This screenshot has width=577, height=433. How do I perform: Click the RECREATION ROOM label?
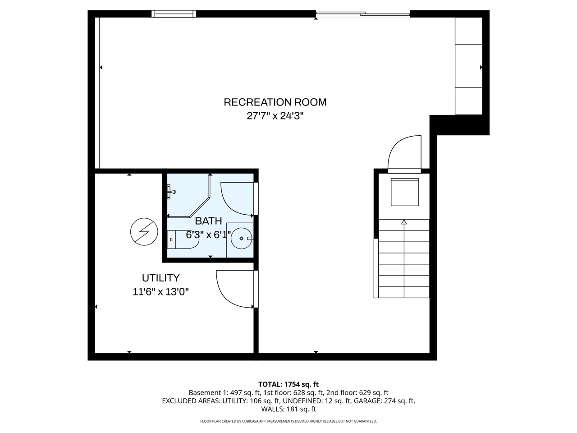click(275, 102)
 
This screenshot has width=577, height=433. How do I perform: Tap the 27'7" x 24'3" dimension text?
click(275, 116)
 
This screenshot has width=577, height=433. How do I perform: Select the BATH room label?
click(208, 221)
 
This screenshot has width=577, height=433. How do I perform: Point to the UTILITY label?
click(160, 278)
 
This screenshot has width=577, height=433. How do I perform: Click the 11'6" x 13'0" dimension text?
click(160, 292)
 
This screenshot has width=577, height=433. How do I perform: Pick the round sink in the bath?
click(242, 238)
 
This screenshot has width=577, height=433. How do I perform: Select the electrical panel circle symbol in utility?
click(144, 232)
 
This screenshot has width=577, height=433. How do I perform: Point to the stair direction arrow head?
click(404, 222)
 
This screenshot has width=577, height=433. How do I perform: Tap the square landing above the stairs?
click(404, 192)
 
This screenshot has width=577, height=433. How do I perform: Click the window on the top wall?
click(174, 14)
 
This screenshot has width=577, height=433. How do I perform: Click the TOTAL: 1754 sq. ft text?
click(288, 384)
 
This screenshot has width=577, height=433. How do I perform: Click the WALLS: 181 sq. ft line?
click(288, 410)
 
